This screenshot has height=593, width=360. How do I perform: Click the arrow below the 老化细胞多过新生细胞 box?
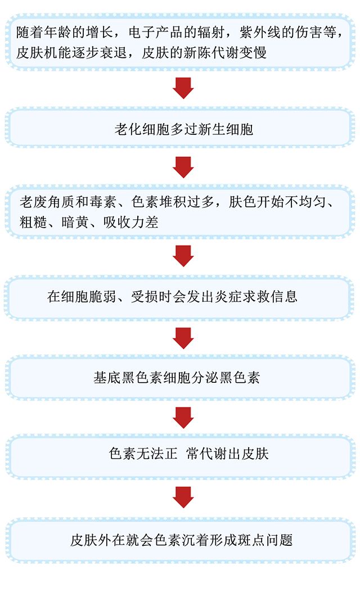coord(183,166)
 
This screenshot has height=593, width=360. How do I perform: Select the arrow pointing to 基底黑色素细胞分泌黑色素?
coord(183,337)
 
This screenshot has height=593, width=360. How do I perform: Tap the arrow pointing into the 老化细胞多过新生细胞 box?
coord(183,88)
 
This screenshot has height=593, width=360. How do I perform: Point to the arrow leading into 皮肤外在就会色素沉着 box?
coord(183,496)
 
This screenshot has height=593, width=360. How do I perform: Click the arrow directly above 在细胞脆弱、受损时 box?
coord(183,256)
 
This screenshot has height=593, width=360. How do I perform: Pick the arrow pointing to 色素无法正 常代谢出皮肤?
coord(183,417)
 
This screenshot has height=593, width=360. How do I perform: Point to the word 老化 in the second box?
coord(127,129)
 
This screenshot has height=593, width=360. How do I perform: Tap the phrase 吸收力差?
coord(130,221)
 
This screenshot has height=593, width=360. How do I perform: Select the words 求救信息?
coord(272,296)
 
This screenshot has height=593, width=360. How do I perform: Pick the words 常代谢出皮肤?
coord(227,453)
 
